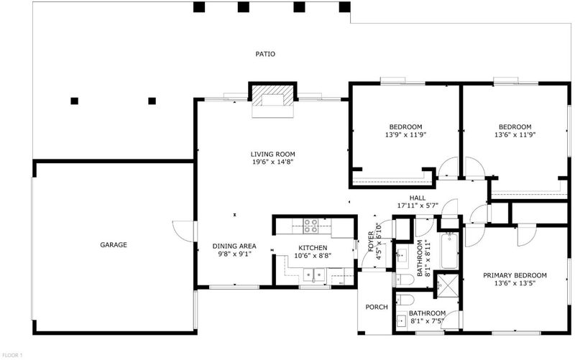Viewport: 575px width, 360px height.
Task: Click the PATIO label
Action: click(265, 55)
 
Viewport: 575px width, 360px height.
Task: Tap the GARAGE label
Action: click(114, 245)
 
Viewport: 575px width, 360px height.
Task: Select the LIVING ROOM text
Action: click(273, 154)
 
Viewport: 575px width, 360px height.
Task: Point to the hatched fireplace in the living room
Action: click(273, 96)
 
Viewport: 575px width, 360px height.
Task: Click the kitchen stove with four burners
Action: click(310, 226)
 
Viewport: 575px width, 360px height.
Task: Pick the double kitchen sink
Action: click(314, 274)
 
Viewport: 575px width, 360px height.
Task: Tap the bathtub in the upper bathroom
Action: click(449, 250)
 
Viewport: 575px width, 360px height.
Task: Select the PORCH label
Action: click(377, 308)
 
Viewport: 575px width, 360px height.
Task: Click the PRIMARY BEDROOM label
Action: click(515, 276)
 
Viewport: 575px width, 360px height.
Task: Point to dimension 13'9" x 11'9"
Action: click(405, 135)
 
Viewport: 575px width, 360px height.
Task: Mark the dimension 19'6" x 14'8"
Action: click(273, 162)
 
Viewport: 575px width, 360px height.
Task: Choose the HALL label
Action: click(418, 198)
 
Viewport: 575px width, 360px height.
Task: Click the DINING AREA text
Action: click(234, 246)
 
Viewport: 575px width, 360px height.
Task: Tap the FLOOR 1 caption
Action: click(12, 355)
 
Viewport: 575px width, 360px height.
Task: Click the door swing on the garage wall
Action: click(183, 231)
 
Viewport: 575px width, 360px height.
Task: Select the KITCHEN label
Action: click(313, 248)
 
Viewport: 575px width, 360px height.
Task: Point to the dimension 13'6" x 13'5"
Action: click(515, 283)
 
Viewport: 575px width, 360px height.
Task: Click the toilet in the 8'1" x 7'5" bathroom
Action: click(405, 300)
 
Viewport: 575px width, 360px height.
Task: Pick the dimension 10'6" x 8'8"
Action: click(313, 256)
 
